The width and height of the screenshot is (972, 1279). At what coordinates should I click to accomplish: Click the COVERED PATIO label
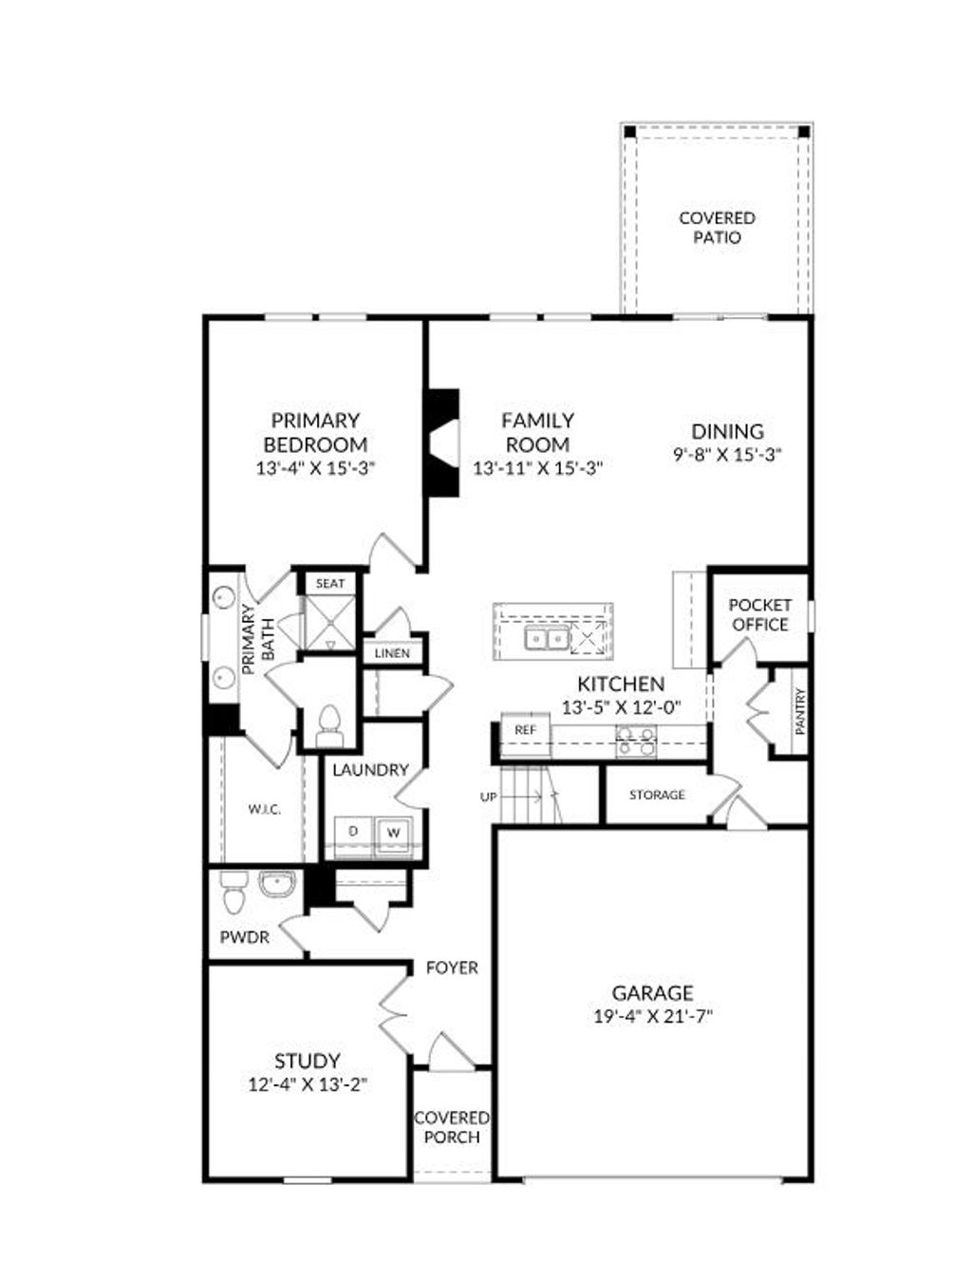pos(717,228)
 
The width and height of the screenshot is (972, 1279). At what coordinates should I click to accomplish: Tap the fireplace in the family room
pos(442,442)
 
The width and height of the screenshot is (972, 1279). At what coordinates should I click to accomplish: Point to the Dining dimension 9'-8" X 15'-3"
pos(727,455)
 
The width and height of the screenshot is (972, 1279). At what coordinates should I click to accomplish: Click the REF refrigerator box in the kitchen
pos(525,730)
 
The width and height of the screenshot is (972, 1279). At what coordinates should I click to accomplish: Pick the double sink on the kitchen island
pos(545,640)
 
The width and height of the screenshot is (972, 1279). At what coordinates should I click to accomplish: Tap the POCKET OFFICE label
pos(759,614)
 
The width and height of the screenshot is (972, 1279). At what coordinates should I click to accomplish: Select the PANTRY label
pos(799,711)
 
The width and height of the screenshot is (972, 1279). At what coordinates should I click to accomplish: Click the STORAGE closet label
pos(657,795)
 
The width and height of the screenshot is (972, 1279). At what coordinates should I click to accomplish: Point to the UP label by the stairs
pos(488,798)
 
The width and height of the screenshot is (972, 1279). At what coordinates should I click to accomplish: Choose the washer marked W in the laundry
pos(394,833)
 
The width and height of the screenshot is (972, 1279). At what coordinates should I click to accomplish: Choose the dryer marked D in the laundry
pos(353,832)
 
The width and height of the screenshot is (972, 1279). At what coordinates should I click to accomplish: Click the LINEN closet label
pos(392,653)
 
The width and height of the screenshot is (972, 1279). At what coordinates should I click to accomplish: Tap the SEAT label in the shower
pos(330,583)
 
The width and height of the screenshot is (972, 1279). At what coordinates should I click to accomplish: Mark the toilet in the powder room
pos(234,893)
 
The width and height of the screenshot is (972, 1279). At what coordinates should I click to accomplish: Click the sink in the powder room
pos(276,885)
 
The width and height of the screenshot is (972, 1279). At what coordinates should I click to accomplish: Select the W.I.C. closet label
pos(264,809)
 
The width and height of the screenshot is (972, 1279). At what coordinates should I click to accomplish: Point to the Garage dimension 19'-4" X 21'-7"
pos(652,1016)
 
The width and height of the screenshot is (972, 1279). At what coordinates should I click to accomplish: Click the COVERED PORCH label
pos(452,1127)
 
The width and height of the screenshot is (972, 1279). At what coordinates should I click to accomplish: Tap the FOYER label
pos(452,968)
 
